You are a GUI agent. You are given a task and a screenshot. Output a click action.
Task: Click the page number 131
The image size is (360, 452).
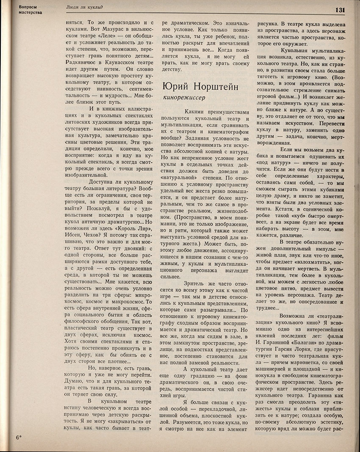(341, 10)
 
